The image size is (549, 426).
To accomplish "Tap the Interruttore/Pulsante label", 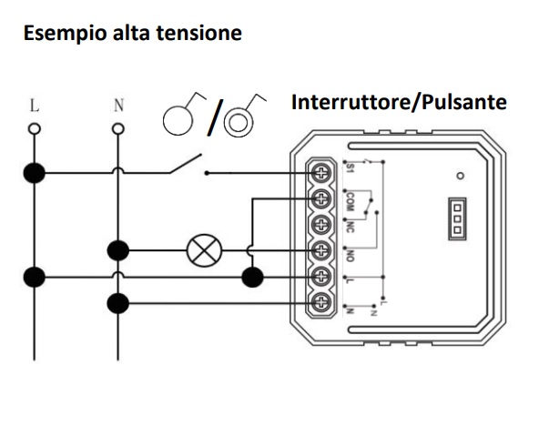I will click(x=398, y=102).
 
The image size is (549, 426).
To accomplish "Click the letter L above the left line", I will click(x=35, y=105).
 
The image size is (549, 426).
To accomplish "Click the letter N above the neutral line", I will click(x=117, y=105).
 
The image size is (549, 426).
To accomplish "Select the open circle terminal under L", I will click(x=35, y=129).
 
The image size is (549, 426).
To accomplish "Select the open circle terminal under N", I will click(x=117, y=129).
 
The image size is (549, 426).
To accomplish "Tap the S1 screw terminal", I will click(x=321, y=171).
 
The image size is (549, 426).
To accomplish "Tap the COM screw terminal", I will click(x=321, y=198).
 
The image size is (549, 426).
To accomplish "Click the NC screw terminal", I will click(x=321, y=223).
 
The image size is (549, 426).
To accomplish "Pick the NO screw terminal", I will click(x=321, y=249).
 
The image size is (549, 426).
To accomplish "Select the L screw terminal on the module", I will click(x=321, y=276).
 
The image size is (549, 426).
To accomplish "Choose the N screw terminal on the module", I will click(x=321, y=302).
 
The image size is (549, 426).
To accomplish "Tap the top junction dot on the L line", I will click(x=35, y=171).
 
